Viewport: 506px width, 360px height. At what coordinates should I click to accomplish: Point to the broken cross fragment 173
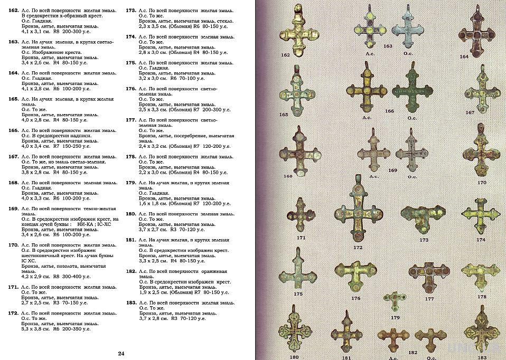click(421, 217)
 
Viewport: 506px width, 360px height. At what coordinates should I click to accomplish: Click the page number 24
click(121, 354)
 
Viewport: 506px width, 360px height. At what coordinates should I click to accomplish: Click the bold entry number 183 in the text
click(131, 303)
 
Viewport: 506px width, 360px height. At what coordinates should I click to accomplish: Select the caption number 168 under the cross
click(288, 176)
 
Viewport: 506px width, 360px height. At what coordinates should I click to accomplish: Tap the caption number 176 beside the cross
click(355, 298)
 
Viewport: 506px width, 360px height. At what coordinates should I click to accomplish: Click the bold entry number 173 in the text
click(131, 11)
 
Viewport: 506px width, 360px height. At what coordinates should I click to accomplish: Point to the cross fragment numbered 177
click(429, 277)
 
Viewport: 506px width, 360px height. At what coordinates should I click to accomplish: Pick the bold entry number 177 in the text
click(131, 120)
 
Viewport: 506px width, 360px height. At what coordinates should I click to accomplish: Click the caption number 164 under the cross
click(464, 56)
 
